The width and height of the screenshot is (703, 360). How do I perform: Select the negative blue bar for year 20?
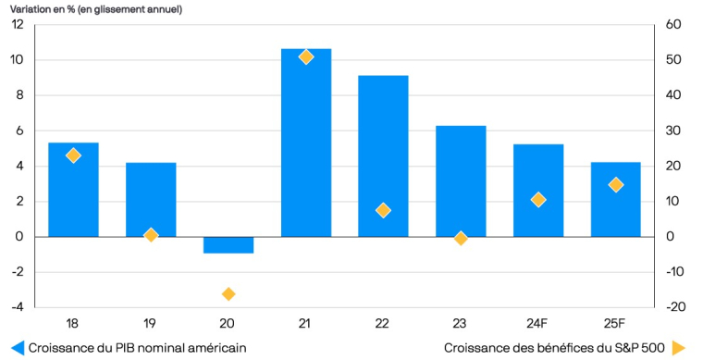pyautogui.click(x=228, y=244)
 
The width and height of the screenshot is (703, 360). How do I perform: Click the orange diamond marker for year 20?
pyautogui.click(x=228, y=294)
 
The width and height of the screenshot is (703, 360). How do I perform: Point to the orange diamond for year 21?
pyautogui.click(x=306, y=57)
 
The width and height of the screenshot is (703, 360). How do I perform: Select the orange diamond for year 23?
pyautogui.click(x=461, y=238)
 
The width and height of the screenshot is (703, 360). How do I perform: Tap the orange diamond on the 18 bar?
pyautogui.click(x=73, y=155)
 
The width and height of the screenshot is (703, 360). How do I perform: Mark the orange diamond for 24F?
pyautogui.click(x=538, y=200)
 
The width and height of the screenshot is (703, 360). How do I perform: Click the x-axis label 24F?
pyautogui.click(x=538, y=323)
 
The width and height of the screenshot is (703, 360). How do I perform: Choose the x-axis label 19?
pyautogui.click(x=151, y=323)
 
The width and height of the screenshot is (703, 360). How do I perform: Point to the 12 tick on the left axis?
pyautogui.click(x=18, y=25)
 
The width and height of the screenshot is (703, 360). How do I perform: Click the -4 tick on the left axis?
pyautogui.click(x=18, y=307)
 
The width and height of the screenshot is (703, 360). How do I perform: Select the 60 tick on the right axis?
pyautogui.click(x=673, y=25)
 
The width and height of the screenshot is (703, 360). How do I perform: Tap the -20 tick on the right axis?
pyautogui.click(x=675, y=307)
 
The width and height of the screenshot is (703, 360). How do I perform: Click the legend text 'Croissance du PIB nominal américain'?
pyautogui.click(x=138, y=348)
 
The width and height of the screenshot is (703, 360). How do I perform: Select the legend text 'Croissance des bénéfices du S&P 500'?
pyautogui.click(x=554, y=348)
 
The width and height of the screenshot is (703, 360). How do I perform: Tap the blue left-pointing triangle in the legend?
pyautogui.click(x=18, y=348)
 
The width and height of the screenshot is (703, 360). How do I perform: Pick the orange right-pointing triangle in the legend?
pyautogui.click(x=679, y=348)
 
